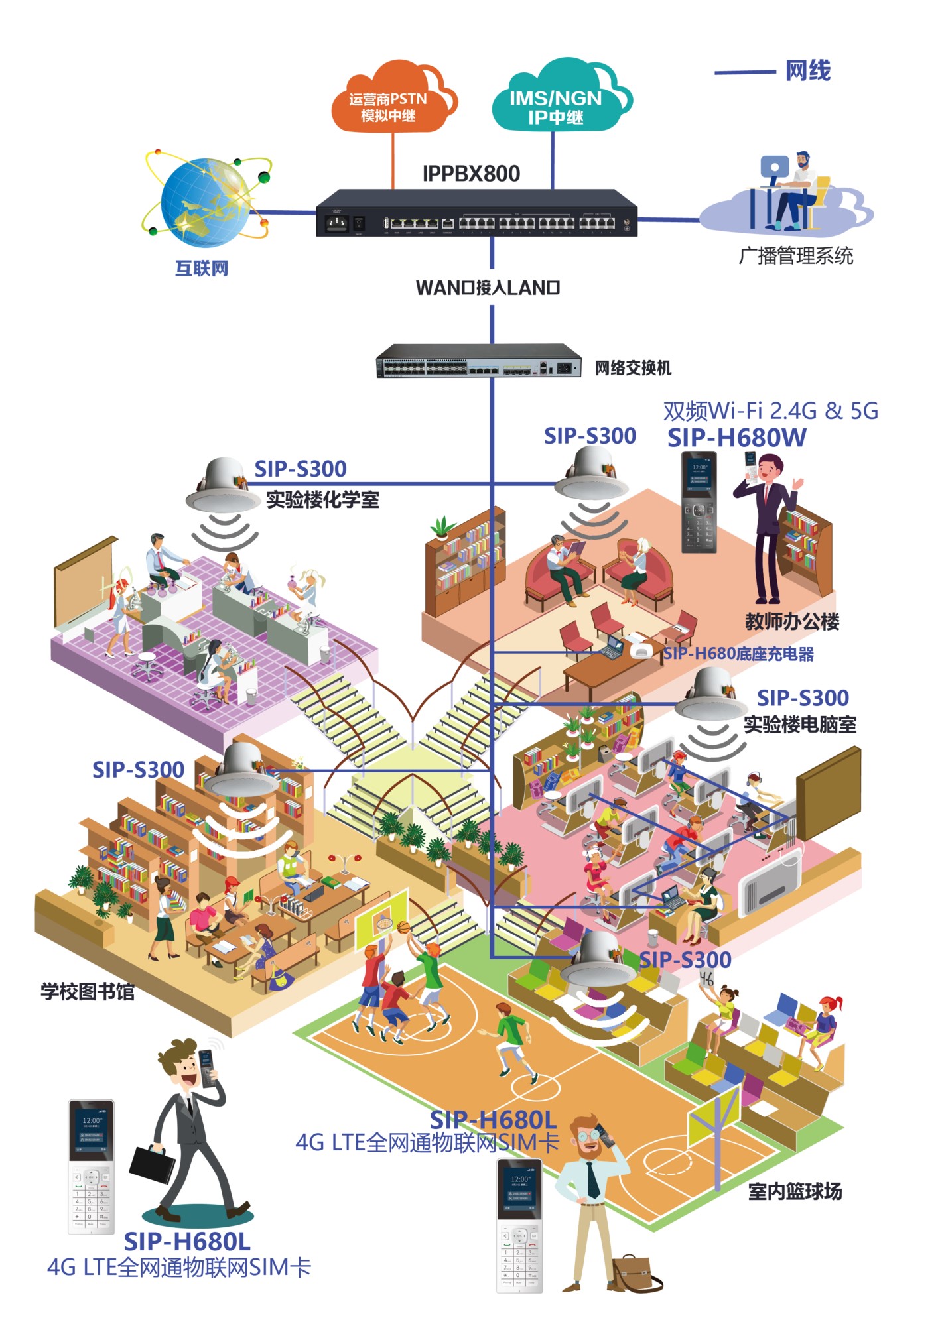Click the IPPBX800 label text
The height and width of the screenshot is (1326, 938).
(x=471, y=174)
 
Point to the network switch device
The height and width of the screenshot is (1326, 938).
(x=478, y=361)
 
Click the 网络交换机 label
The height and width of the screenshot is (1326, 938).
(x=633, y=368)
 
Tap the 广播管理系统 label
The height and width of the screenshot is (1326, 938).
(x=795, y=256)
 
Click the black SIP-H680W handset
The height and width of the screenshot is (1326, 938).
(x=699, y=503)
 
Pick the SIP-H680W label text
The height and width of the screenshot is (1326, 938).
(x=736, y=438)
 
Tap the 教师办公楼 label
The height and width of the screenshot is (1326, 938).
(x=792, y=621)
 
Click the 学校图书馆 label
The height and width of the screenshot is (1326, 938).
(x=88, y=992)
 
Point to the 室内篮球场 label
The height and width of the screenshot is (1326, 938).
(x=795, y=1191)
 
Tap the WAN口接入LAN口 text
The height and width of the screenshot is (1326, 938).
(x=488, y=288)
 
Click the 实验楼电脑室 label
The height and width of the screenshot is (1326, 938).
(x=799, y=725)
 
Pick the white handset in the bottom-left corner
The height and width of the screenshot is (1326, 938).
(x=92, y=1166)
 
